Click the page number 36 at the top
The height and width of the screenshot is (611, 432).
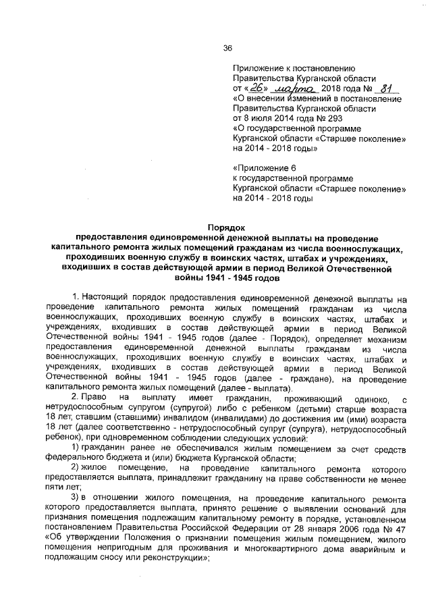(227, 47)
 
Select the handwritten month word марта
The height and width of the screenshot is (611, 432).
(292, 88)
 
